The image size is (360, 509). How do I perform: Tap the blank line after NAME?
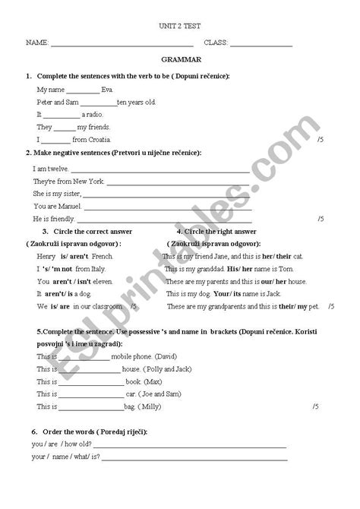(122, 44)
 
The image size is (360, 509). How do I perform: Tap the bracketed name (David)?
(167, 356)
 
